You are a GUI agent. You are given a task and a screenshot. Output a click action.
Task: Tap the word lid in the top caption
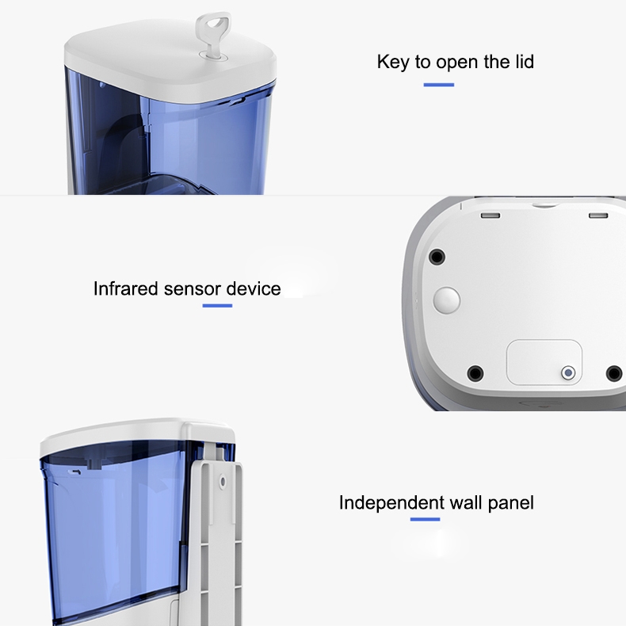click(523, 62)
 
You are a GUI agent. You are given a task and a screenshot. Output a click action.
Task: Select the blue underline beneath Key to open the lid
click(439, 85)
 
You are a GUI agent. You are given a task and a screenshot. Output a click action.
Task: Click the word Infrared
click(126, 288)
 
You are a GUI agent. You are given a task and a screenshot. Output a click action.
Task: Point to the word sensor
click(192, 289)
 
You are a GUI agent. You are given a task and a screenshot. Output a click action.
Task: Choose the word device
click(253, 288)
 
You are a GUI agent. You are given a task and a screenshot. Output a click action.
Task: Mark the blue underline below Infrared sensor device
click(217, 306)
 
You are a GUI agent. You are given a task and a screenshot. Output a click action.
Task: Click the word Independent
click(391, 503)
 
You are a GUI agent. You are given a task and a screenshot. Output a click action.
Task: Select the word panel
click(511, 503)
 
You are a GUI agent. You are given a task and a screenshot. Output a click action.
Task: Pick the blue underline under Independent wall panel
click(425, 519)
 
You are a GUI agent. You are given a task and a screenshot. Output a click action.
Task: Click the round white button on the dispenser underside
click(447, 300)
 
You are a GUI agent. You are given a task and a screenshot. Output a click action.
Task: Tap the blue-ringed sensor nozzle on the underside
click(568, 373)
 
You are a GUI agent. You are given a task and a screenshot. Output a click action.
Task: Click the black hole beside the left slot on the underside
click(437, 257)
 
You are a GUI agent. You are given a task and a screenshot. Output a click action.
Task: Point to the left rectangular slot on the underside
click(490, 216)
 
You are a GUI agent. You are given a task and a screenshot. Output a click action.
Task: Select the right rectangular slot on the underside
click(598, 216)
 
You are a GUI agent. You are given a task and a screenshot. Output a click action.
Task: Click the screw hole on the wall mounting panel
click(223, 482)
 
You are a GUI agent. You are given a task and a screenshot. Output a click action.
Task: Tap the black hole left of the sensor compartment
click(475, 374)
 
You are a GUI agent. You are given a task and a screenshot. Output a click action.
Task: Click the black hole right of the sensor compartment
click(614, 374)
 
